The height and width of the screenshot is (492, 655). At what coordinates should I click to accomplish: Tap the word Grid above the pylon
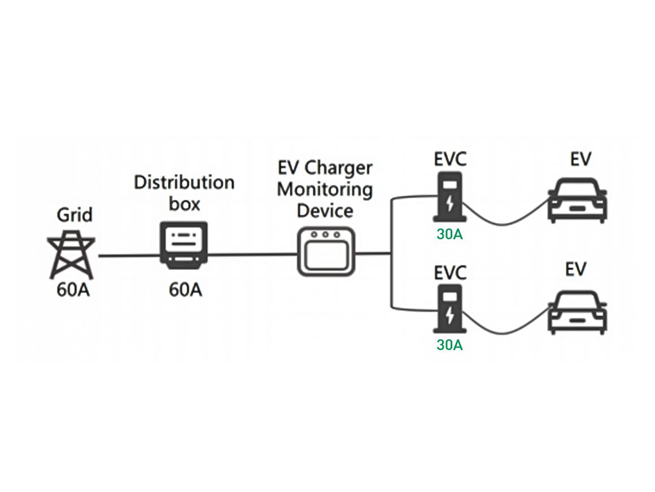(x=74, y=215)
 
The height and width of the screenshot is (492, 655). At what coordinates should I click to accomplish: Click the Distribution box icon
(x=184, y=244)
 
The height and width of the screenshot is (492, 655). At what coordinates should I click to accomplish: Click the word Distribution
(x=184, y=183)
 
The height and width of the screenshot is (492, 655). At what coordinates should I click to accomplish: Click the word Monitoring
(x=325, y=189)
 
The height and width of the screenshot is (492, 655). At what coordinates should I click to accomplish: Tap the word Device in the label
(x=325, y=211)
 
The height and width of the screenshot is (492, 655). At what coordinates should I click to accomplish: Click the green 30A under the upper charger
(x=449, y=234)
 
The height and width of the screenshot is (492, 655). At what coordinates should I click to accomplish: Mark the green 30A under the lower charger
(x=449, y=344)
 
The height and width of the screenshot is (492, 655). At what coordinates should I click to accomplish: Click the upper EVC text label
(x=450, y=159)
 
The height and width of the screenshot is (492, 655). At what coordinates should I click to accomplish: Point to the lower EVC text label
(x=450, y=272)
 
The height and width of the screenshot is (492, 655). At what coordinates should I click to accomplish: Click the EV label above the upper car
(x=580, y=159)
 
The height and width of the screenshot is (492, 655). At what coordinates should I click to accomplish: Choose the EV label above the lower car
(x=575, y=270)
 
